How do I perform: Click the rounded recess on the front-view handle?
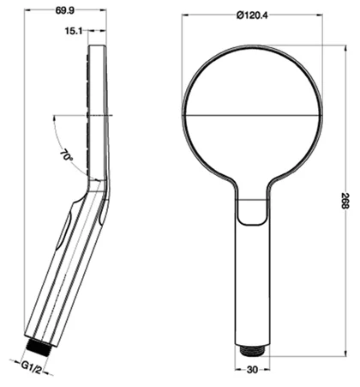(x=255, y=211)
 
